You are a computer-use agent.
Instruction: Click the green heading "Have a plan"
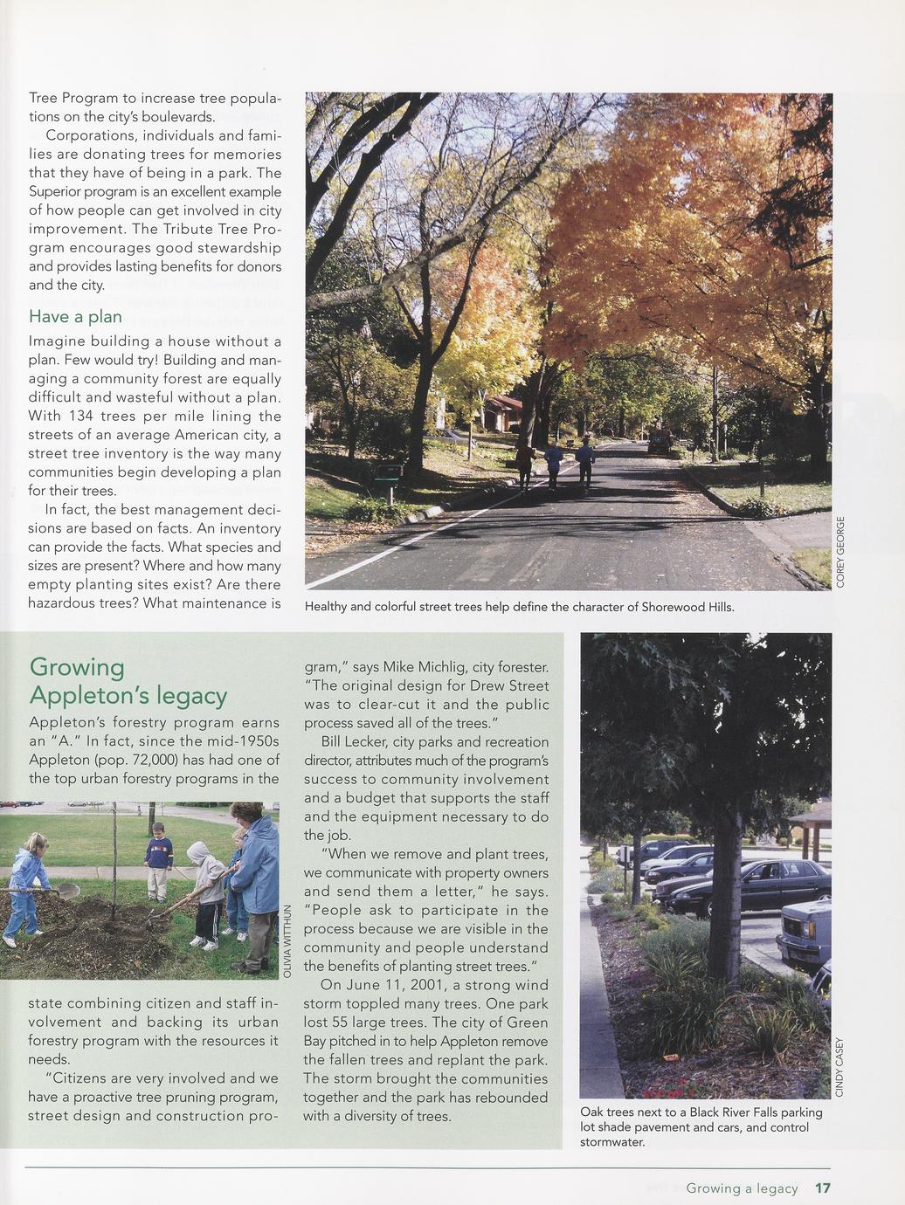coord(75,316)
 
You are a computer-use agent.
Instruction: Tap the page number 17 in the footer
coord(822,1188)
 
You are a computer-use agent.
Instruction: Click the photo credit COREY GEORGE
coord(840,551)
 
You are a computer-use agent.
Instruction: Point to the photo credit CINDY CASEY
coord(839,1067)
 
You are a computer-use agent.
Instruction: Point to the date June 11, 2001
coord(395,985)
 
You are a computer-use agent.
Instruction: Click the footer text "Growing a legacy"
coord(742,1188)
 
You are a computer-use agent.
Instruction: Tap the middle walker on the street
coord(553,463)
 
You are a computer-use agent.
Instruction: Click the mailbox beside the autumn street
coord(387,472)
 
